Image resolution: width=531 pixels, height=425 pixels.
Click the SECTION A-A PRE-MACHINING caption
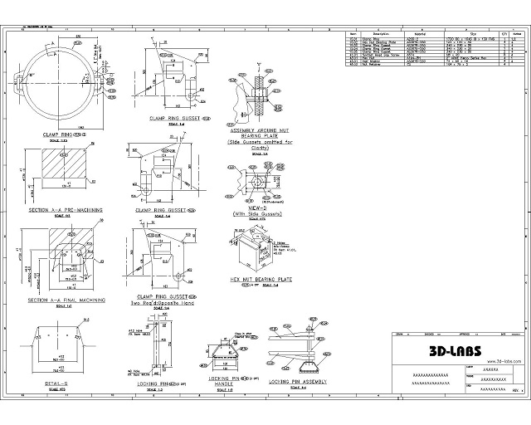66,210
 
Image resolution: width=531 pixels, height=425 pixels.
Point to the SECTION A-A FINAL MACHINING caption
66,300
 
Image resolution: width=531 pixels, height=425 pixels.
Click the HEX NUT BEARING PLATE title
261,280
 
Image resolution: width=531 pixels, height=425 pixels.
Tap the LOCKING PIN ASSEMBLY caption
298,381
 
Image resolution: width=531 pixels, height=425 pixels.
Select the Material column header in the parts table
412,34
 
